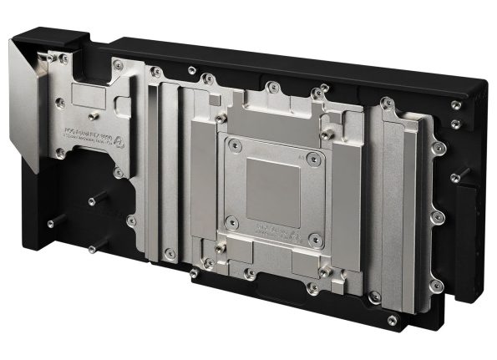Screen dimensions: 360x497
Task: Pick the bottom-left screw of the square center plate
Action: pyautogui.click(x=233, y=223)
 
